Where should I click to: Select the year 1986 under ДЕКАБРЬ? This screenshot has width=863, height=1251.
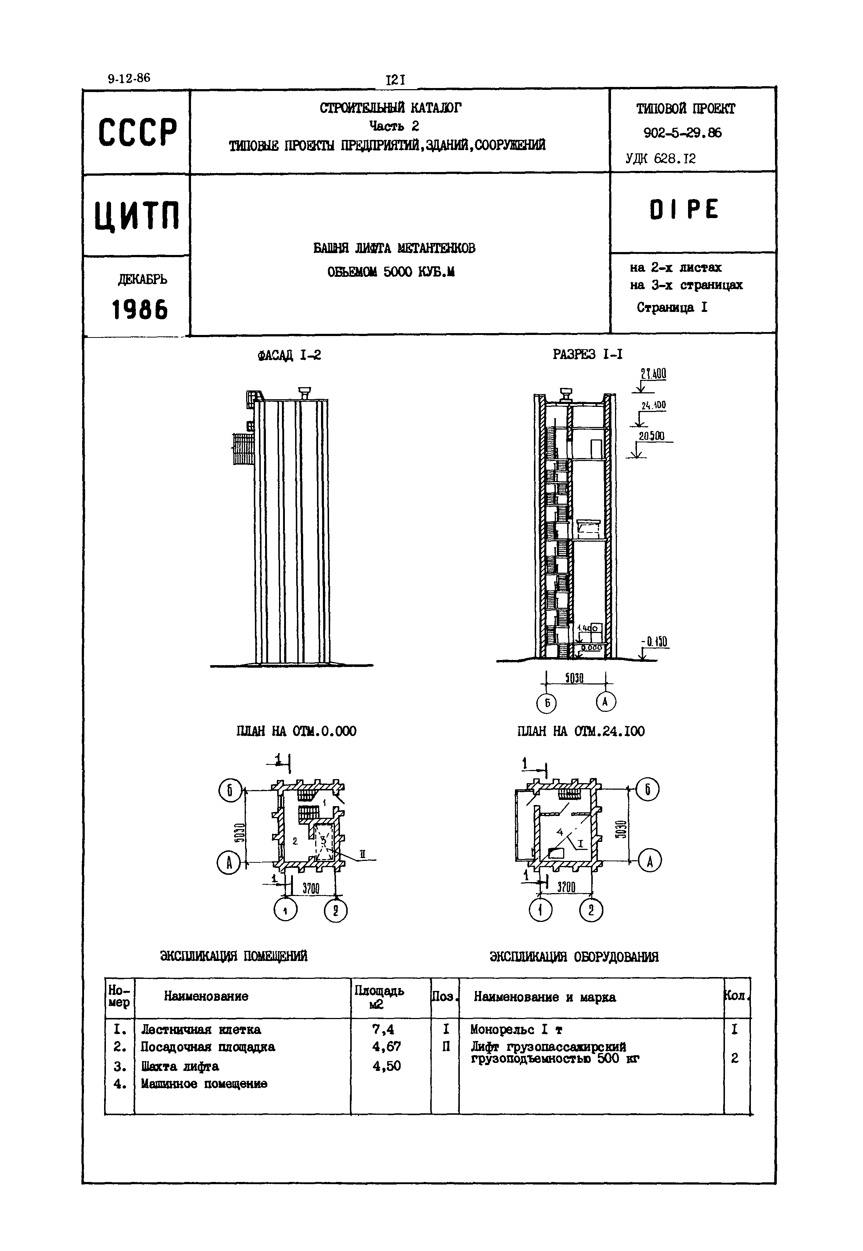[140, 310]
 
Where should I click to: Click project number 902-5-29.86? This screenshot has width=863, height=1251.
[682, 133]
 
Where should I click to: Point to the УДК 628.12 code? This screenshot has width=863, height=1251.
[660, 159]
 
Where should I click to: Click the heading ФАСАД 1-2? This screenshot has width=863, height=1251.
[289, 355]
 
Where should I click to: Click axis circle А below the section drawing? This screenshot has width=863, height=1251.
[606, 702]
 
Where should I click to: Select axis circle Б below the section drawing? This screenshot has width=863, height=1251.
[547, 703]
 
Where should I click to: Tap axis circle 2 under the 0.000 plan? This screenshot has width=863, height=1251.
[336, 911]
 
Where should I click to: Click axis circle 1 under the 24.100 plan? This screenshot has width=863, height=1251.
[540, 911]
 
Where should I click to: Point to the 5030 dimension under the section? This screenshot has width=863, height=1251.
[574, 678]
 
